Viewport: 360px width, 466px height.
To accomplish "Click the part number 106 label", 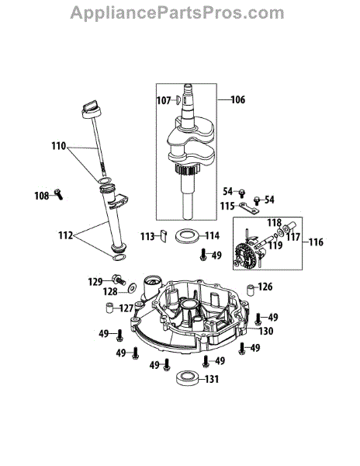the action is coord(238,99).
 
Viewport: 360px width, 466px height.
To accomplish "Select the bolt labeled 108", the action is coord(59,194).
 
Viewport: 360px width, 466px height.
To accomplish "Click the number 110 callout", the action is coord(59,147).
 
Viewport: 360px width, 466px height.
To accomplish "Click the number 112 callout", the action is coord(66,235).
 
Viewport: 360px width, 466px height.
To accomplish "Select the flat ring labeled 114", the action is coord(186,236).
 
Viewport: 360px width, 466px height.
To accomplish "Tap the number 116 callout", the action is coord(316,242).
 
